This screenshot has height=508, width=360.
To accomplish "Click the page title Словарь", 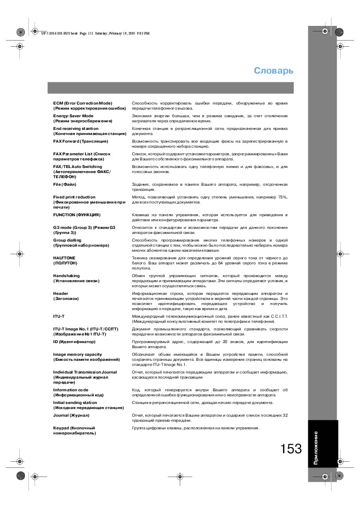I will coord(274,71).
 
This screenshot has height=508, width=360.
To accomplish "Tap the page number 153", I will coord(290,449).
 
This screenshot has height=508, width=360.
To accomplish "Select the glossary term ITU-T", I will coord(59,316).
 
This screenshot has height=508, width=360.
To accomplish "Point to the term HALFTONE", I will coord(64,258).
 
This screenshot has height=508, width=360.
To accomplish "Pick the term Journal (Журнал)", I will coord(71,415).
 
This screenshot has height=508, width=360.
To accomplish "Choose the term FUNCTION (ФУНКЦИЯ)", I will coord(77,215).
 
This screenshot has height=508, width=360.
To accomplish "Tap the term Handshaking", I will coord(67,276).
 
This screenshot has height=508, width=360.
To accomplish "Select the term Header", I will coord(61,293).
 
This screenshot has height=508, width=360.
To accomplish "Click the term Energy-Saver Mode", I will coord(74,116).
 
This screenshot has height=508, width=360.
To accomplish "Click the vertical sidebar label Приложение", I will coord(316,449).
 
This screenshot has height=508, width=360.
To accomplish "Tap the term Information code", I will coord(71,390).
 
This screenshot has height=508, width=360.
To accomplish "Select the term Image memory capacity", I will coord(78,354).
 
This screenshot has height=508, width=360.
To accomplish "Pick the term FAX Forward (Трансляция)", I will coord(81,141).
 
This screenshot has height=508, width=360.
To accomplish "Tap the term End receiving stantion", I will coord(76,128).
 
